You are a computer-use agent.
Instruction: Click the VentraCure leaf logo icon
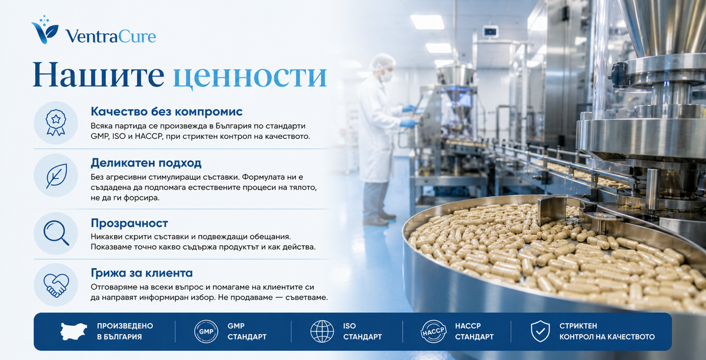[x=45, y=29]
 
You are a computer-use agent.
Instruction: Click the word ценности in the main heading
[x=250, y=76]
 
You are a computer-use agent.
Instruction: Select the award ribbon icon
[x=56, y=122]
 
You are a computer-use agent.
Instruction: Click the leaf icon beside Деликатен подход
[x=56, y=175]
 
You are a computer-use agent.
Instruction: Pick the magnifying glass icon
[x=56, y=234]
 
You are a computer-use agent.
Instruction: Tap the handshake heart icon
[x=56, y=285]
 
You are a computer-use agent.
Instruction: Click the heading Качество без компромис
[x=166, y=112]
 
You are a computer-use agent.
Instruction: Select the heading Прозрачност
[x=129, y=223]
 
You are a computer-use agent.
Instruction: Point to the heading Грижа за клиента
[x=142, y=273]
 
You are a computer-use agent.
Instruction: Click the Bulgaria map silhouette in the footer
[x=74, y=331]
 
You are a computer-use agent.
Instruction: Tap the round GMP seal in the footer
[x=206, y=331]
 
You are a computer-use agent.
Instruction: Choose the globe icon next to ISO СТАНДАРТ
[x=322, y=331]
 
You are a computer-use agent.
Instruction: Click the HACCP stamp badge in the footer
[x=434, y=331]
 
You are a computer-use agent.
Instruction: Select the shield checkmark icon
[x=540, y=331]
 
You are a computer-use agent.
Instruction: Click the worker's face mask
[x=387, y=76]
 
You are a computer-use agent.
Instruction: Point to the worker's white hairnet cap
[x=382, y=62]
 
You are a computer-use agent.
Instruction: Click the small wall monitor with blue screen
[x=490, y=31]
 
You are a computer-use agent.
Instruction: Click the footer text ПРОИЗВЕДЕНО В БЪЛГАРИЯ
[x=125, y=331]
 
